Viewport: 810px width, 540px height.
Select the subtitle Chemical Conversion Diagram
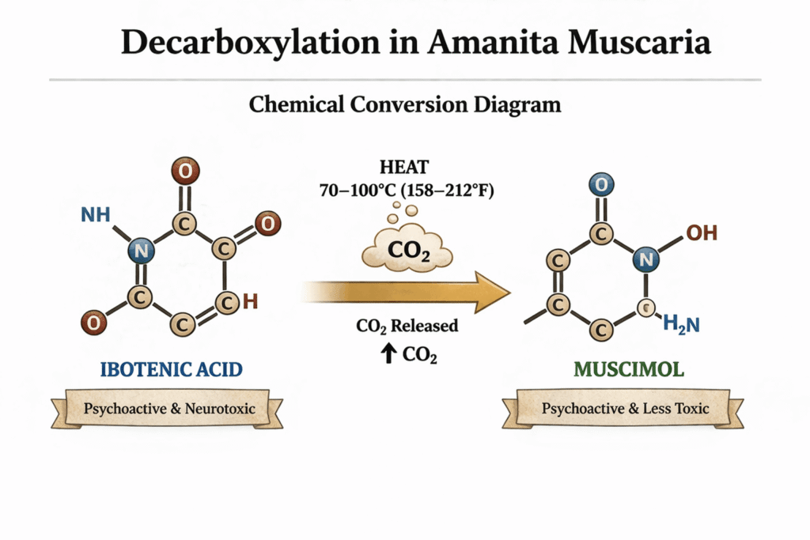[404, 104]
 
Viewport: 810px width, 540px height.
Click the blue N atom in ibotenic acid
[143, 251]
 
